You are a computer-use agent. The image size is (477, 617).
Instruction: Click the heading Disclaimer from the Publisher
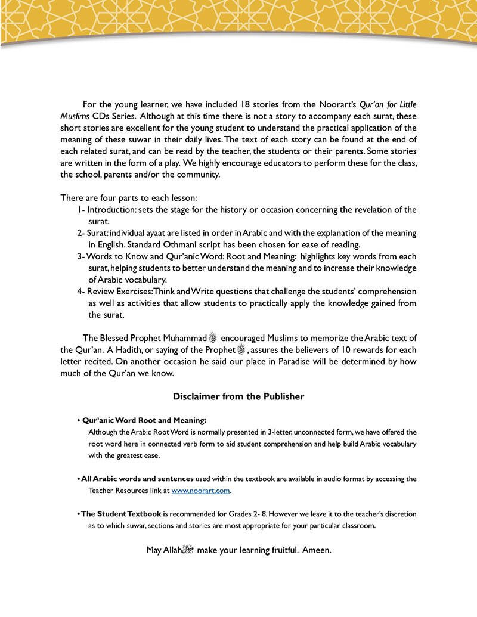tap(238, 396)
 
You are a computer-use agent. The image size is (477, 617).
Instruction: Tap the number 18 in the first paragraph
tap(249, 103)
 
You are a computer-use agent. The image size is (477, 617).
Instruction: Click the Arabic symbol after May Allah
tap(188, 549)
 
